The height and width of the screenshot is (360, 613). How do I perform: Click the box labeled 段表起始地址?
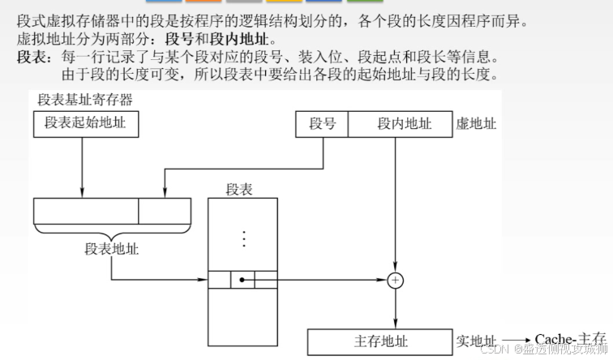click(86, 123)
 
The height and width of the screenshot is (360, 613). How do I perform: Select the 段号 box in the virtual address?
click(322, 124)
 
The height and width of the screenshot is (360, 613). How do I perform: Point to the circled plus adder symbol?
click(395, 281)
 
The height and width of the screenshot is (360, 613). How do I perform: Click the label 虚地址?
click(477, 124)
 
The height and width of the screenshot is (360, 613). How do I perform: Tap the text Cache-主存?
click(571, 338)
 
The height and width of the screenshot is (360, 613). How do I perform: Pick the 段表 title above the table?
click(239, 189)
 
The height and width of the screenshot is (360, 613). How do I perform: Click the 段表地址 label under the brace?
click(112, 250)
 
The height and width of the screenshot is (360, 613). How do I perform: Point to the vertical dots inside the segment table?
click(242, 238)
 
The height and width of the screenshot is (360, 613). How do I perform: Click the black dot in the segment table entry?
click(242, 281)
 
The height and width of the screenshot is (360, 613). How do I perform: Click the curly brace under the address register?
click(112, 230)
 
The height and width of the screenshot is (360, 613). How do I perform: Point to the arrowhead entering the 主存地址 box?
click(395, 325)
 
